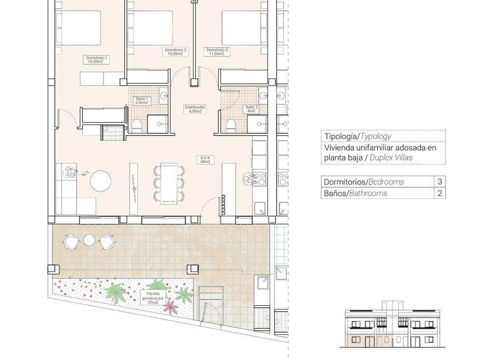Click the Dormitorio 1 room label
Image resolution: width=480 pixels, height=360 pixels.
(97, 59)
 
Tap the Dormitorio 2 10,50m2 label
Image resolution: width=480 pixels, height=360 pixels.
(175, 52)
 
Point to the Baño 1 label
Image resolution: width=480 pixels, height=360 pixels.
(142, 101)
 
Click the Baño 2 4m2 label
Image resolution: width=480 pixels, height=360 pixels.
(251, 109)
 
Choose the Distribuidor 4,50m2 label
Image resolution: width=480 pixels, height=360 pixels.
(195, 109)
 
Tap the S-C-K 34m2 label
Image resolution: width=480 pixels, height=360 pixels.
(205, 159)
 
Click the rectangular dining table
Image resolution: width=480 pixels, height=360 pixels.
(169, 183)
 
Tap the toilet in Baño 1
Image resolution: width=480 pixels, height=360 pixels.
(137, 126)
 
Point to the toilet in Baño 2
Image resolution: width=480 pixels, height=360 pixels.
(231, 126)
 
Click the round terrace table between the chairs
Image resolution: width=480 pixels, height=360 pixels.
(89, 239)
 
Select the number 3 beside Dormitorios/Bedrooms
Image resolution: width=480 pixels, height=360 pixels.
(440, 182)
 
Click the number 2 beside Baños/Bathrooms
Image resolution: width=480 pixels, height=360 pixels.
(440, 193)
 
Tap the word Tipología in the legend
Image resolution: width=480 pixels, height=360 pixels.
(341, 137)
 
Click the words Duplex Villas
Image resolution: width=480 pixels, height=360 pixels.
(391, 158)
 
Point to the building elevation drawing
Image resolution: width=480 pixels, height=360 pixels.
(393, 324)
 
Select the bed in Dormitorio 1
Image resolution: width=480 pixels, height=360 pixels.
(78, 27)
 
